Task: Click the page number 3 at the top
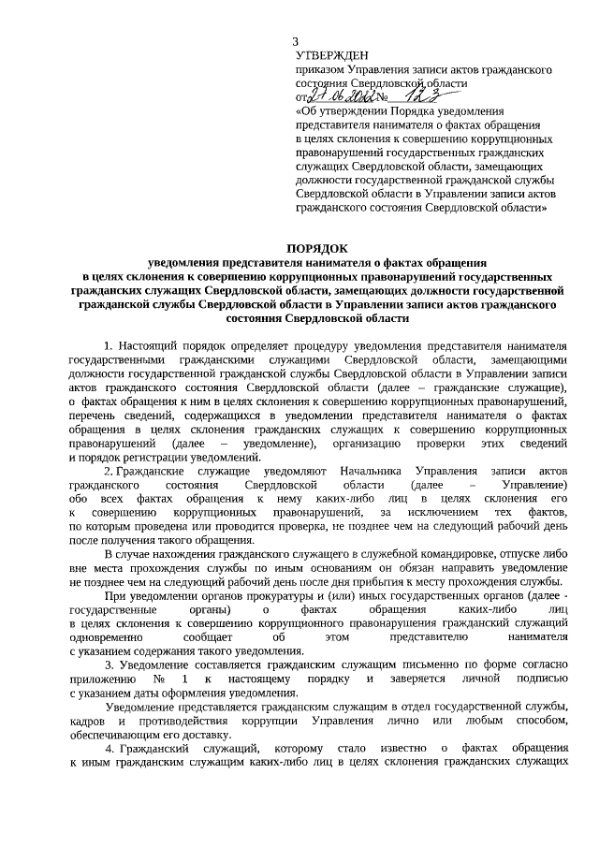tap(297, 42)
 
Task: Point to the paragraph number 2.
tap(108, 472)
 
